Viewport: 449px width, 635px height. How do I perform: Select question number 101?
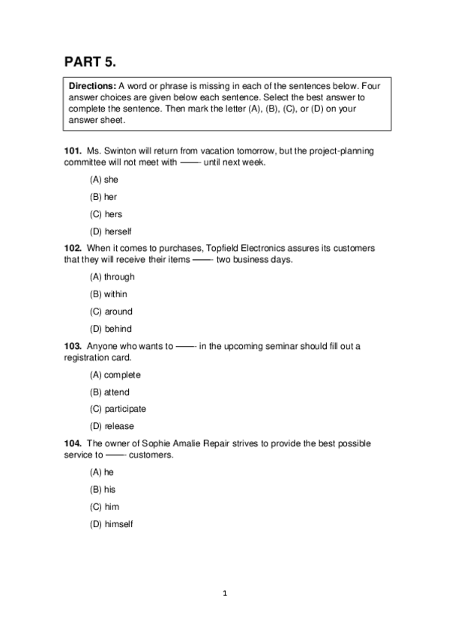73,151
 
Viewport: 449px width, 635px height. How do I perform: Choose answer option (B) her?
103,197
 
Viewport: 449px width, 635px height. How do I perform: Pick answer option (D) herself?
110,231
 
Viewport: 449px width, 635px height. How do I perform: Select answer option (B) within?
109,294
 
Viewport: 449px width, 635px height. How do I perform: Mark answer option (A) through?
112,277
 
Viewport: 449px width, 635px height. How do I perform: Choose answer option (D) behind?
111,329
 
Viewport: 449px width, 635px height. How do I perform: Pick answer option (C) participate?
118,409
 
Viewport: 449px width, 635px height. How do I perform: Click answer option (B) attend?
109,392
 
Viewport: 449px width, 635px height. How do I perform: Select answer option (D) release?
112,426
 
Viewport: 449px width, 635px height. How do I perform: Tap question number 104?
73,443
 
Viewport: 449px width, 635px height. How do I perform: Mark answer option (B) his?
103,489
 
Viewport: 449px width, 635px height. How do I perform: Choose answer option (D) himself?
111,524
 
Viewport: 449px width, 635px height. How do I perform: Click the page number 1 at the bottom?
224,594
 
